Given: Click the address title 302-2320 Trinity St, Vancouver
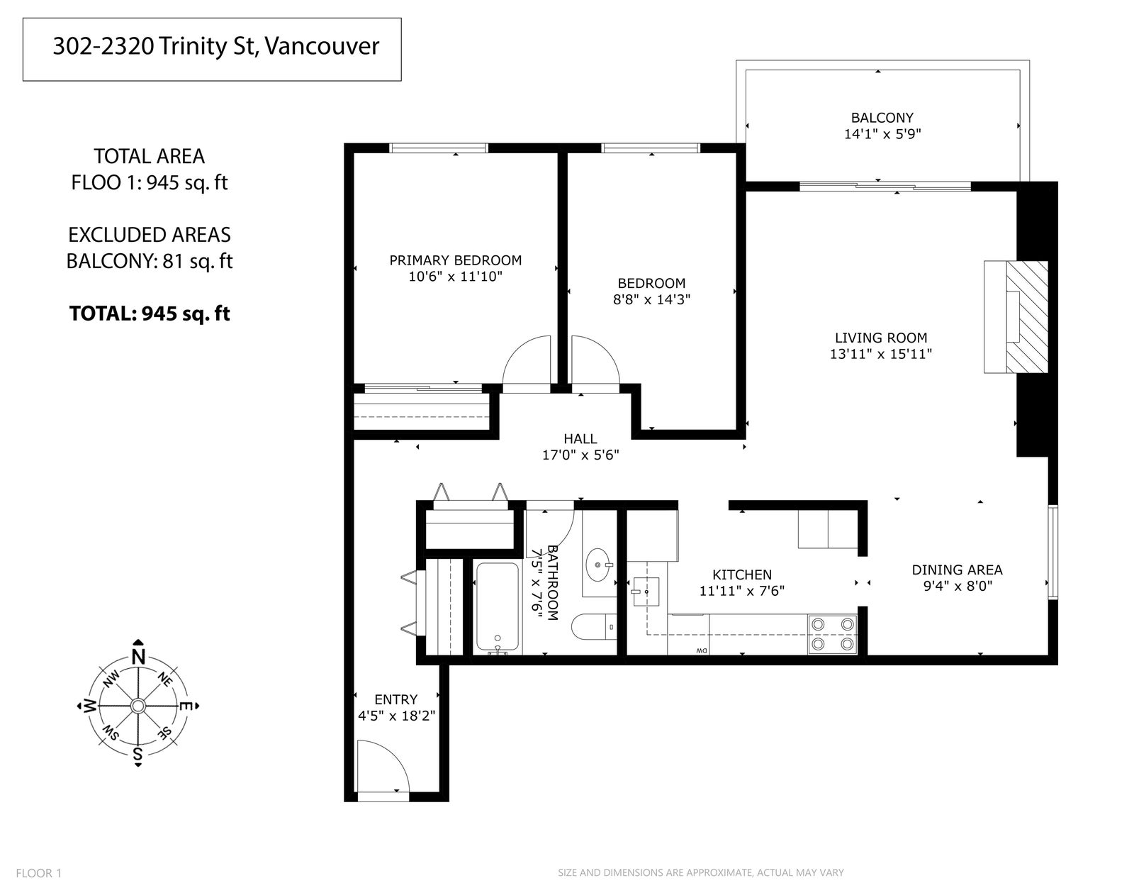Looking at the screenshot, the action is (x=216, y=47).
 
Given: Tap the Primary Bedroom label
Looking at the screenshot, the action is (x=456, y=260).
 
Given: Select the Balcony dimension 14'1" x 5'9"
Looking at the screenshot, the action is (x=882, y=134).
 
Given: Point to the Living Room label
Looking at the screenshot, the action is (x=881, y=338).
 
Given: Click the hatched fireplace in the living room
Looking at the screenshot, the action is (x=1026, y=317).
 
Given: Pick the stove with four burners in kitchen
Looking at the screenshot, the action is (x=832, y=634).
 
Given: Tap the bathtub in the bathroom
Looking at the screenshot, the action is (x=498, y=608).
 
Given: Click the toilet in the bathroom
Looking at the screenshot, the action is (x=594, y=626).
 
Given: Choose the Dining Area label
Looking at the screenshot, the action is (x=957, y=570).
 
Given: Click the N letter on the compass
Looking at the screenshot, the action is (x=138, y=657).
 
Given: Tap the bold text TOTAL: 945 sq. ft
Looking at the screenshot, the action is (x=150, y=313).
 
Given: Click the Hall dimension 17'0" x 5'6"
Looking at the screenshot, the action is (x=580, y=455).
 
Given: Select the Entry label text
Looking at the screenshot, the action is (x=396, y=699).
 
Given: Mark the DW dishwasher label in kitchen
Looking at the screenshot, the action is (x=701, y=650).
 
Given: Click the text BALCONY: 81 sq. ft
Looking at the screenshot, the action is (x=150, y=261).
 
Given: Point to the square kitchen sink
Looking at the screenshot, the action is (x=646, y=592).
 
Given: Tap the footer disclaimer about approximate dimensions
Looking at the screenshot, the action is (x=701, y=872).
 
